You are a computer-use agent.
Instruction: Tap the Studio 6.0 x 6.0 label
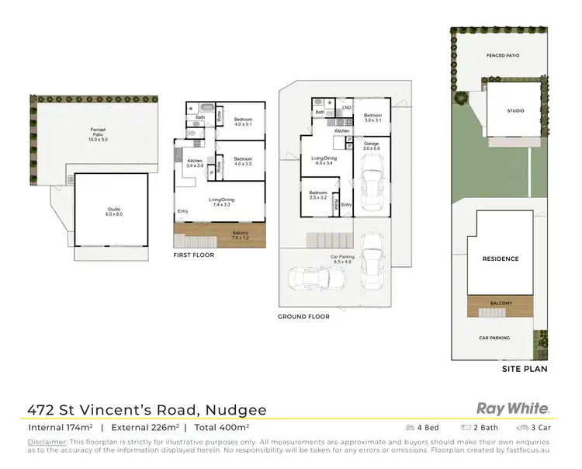(x=110, y=211)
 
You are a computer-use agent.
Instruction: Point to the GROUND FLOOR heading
(x=303, y=316)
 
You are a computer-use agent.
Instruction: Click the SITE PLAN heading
(x=525, y=369)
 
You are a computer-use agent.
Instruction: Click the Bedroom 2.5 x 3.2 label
(x=317, y=195)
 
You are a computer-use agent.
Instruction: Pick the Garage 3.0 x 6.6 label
(x=372, y=147)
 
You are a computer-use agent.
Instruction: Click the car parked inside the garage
(x=372, y=186)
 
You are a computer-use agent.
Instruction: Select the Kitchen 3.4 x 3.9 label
(x=194, y=163)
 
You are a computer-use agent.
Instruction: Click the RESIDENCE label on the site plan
(x=500, y=259)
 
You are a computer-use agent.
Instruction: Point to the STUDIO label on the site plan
(x=515, y=111)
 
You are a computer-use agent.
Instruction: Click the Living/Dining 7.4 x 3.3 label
(x=221, y=202)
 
